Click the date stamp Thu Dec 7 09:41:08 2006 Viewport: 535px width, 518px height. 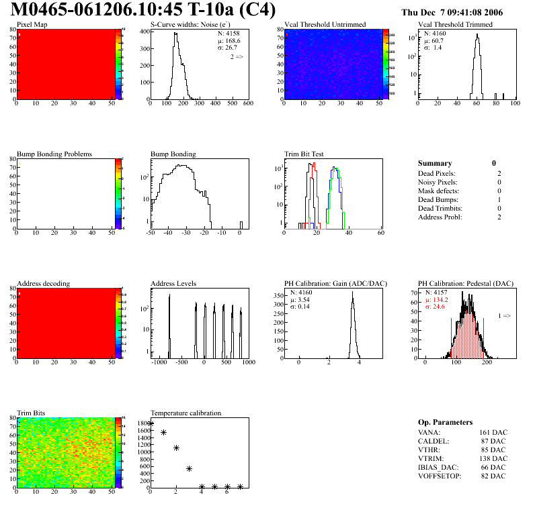461,13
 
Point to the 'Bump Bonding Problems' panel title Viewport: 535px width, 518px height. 54,154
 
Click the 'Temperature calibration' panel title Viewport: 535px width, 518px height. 186,413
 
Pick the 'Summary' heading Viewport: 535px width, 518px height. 435,163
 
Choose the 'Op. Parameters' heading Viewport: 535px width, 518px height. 445,422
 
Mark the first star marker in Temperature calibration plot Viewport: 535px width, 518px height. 151,423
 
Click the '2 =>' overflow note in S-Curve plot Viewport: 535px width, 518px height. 237,58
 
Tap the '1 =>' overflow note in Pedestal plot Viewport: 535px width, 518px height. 504,315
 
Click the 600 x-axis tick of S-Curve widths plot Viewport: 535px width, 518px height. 248,104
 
